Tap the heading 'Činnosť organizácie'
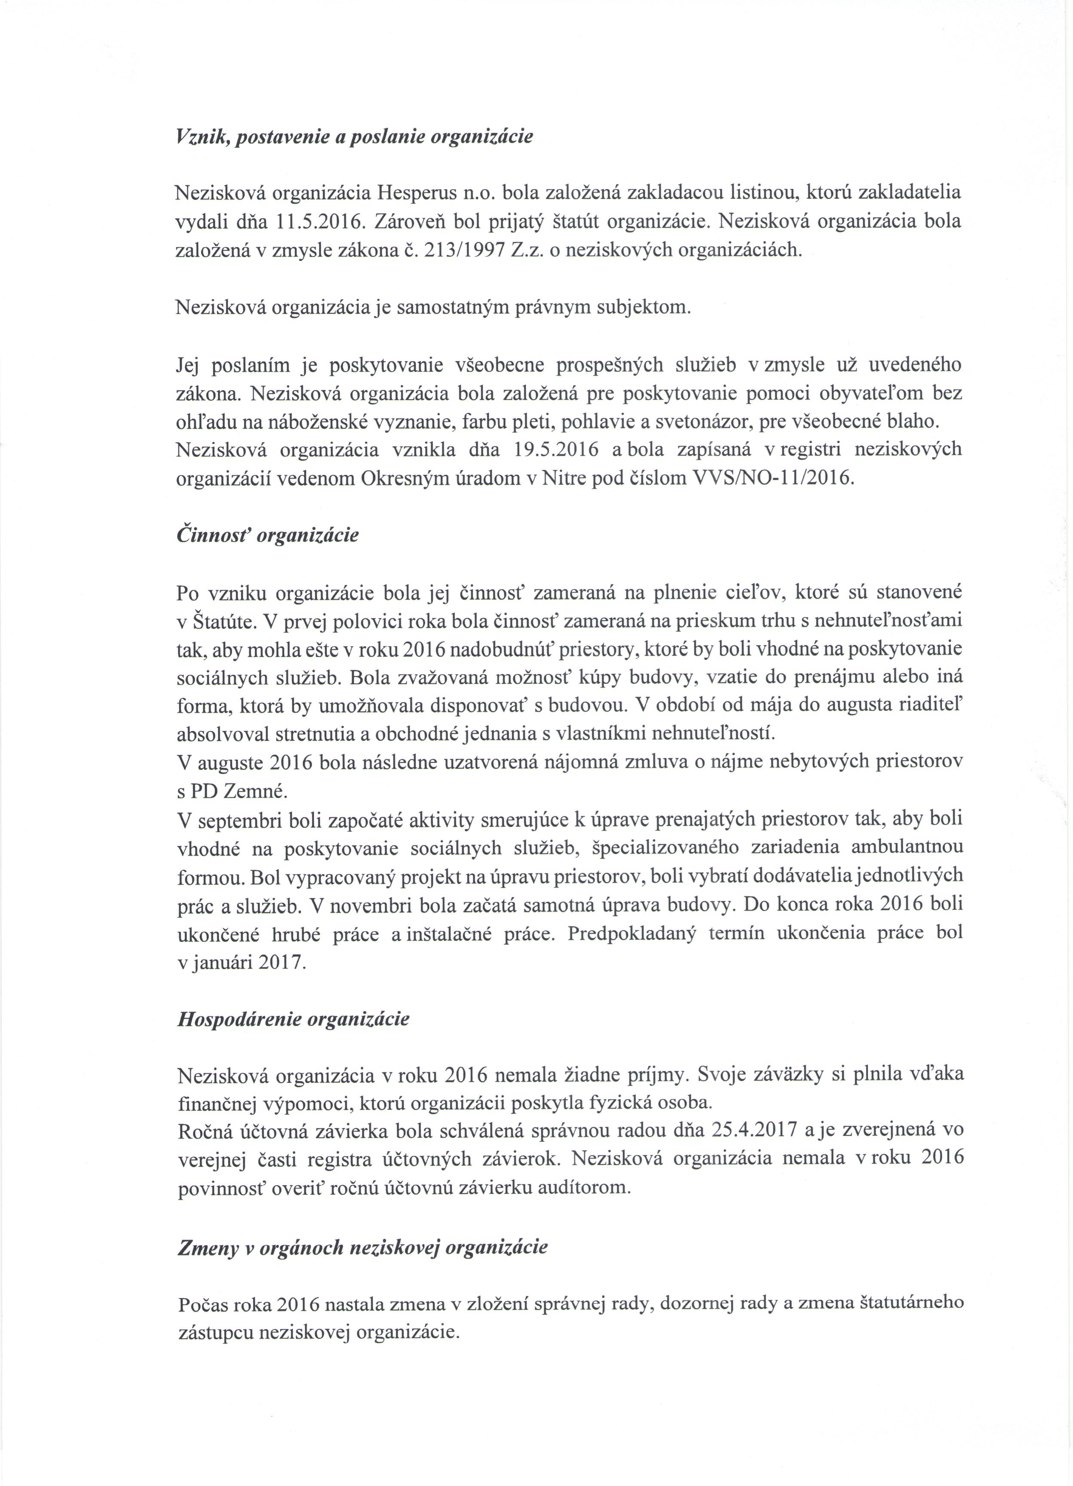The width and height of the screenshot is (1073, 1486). coord(267,535)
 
